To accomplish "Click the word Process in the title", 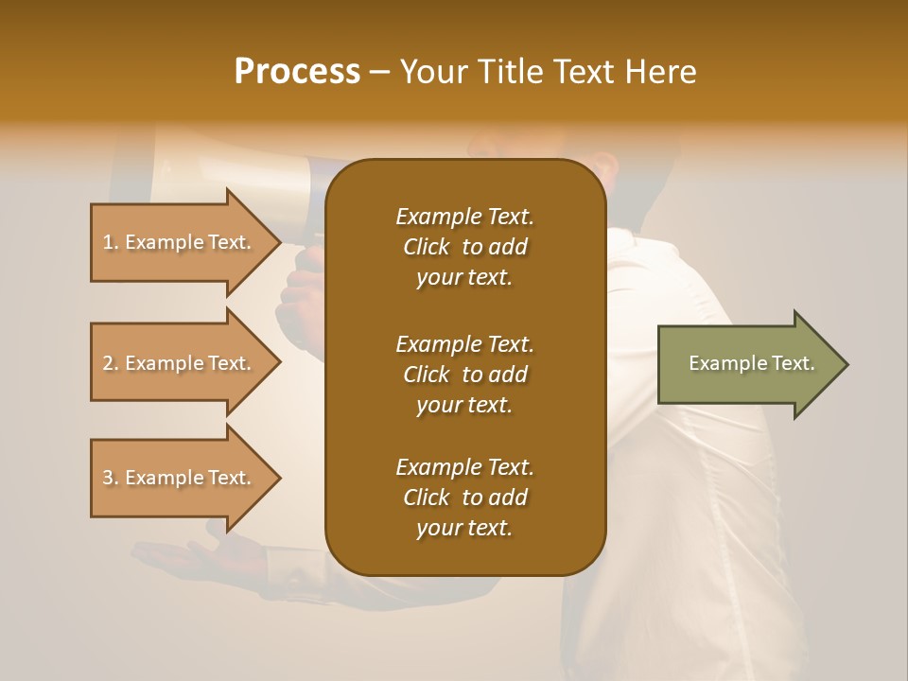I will (x=297, y=72).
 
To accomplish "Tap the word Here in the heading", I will (x=659, y=72).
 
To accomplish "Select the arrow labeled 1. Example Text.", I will (x=180, y=242).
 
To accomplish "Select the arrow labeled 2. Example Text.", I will (x=180, y=363).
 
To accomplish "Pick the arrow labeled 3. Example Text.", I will (x=180, y=478).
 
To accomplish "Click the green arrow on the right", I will (x=747, y=363).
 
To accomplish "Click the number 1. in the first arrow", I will (x=111, y=242).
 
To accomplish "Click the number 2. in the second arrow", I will (x=111, y=363).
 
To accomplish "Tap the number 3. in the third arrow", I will (x=111, y=478).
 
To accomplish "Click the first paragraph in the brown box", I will (x=464, y=247).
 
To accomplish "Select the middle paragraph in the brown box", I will (x=464, y=375).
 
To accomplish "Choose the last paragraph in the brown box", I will (x=464, y=498).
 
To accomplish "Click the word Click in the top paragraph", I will (x=427, y=247).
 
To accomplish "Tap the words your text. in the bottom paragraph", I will (x=464, y=528).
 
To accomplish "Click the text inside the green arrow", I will (x=751, y=363).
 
